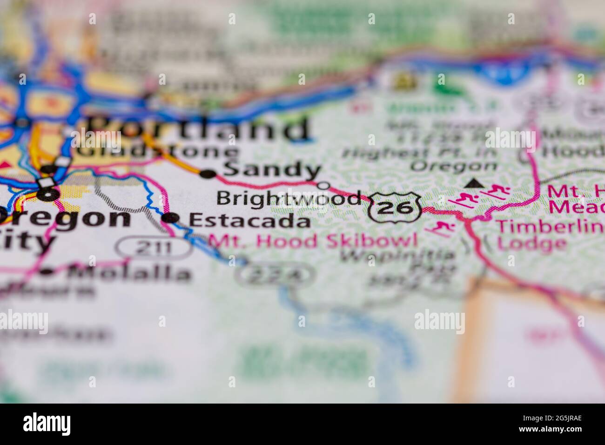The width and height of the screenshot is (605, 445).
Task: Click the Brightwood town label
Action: [x=289, y=198]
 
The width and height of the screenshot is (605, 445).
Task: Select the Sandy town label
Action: [x=272, y=170]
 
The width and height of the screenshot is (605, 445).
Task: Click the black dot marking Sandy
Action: [x=208, y=175]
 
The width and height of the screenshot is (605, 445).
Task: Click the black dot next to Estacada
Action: [x=172, y=217]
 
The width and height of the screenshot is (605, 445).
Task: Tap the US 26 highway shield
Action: [x=395, y=208]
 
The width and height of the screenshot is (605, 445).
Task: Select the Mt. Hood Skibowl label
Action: [x=313, y=241]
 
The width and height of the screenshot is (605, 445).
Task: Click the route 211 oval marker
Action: [x=155, y=248]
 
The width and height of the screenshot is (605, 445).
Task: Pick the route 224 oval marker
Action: [x=275, y=276]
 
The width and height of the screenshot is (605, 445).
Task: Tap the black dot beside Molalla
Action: [x=47, y=272]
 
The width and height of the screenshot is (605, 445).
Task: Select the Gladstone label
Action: [x=157, y=152]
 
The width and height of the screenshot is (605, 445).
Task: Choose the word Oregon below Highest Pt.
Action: [x=454, y=166]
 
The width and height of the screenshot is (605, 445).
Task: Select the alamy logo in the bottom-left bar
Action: [x=47, y=424]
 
